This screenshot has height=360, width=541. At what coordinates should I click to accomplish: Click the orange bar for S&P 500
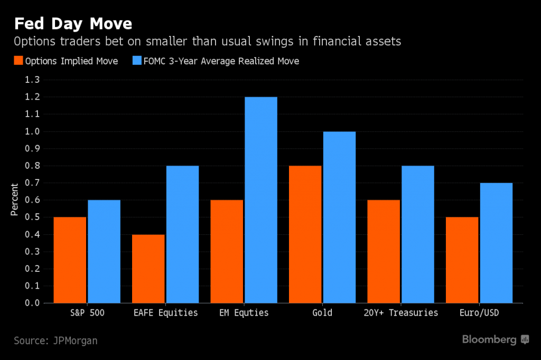click(70, 260)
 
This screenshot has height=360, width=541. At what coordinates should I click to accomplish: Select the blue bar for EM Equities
click(261, 200)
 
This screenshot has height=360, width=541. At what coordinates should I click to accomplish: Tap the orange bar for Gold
click(305, 234)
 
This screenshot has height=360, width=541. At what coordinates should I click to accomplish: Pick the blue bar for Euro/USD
click(496, 243)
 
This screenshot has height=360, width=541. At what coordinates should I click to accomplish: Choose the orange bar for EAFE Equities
click(148, 269)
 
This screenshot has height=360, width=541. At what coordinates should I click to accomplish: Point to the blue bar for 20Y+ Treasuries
click(417, 234)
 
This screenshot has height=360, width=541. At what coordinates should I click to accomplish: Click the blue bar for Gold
click(339, 217)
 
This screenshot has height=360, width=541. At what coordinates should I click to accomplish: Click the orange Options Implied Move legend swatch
click(19, 61)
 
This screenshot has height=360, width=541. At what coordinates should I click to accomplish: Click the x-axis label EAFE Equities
click(165, 312)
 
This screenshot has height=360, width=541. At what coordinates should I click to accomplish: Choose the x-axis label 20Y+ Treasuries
click(400, 312)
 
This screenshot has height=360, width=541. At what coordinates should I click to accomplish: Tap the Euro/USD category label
click(479, 312)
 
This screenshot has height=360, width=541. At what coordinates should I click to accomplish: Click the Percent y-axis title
click(15, 200)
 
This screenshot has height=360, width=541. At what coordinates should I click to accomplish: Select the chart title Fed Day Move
click(73, 24)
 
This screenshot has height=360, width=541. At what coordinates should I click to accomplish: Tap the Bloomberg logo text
click(489, 339)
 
